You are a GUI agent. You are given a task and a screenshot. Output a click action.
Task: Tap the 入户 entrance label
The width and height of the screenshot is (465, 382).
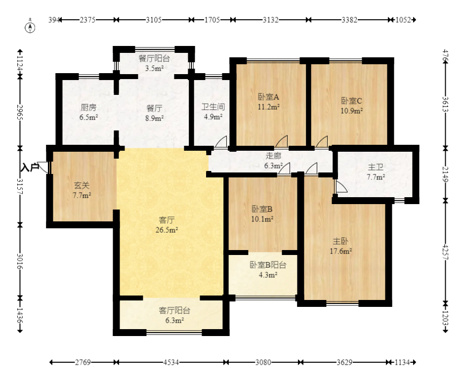(30, 167)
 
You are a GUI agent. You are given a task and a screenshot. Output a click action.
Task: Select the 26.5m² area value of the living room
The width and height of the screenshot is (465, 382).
(167, 230)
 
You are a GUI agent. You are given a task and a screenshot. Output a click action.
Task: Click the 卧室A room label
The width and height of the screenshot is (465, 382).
(268, 97)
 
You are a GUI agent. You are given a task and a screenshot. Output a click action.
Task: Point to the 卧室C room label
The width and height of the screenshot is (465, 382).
(351, 101)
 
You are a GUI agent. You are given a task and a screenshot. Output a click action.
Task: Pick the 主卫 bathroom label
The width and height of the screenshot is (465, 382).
(376, 167)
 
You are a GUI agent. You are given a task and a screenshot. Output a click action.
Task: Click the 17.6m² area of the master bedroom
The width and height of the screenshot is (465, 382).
(341, 251)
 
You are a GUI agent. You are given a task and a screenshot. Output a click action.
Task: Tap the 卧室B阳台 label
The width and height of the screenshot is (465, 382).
(268, 265)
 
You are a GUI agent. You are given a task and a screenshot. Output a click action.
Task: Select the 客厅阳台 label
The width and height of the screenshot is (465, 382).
(174, 310)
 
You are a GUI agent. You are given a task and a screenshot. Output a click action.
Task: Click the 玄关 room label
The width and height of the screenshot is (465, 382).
(82, 186)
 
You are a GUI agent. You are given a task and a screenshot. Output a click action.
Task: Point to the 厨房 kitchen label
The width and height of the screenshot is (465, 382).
(88, 107)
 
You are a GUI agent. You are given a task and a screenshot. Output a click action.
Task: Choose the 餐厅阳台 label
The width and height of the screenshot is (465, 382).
(154, 58)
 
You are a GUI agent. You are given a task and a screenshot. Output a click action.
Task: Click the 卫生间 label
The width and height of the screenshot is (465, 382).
(213, 107)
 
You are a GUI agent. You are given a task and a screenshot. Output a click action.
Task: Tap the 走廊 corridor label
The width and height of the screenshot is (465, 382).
(273, 156)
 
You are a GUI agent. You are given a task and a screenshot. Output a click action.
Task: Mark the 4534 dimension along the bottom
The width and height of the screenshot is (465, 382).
(171, 362)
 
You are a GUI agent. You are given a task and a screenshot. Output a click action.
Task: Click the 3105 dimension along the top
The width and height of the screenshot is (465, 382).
(154, 20)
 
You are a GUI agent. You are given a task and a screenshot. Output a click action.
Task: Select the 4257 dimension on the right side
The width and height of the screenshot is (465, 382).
(445, 252)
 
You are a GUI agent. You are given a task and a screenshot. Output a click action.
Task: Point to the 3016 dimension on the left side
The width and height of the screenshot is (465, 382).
(20, 261)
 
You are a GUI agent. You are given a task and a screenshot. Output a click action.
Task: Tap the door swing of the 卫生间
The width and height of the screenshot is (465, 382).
(221, 141)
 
